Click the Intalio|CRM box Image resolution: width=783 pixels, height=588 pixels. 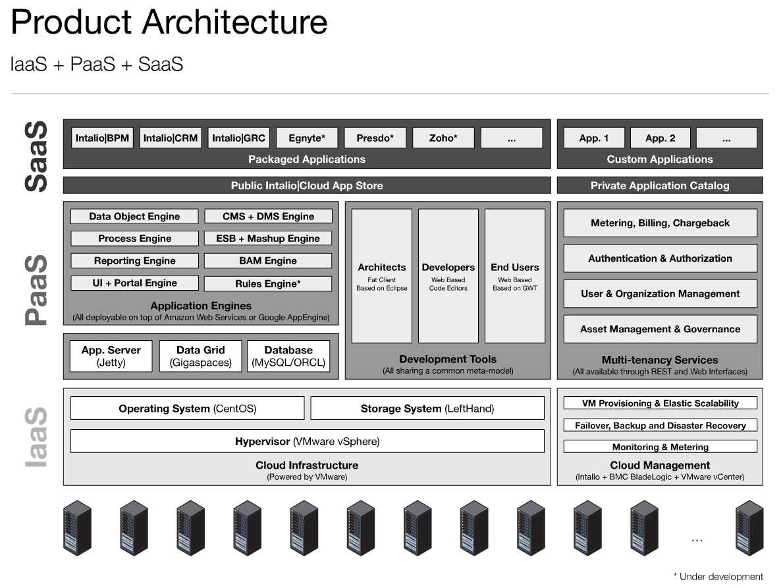pyautogui.click(x=171, y=138)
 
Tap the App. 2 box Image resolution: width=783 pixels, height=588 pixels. pyautogui.click(x=660, y=138)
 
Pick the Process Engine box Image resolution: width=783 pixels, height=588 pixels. pyautogui.click(x=134, y=239)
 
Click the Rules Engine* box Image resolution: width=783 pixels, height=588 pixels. pyautogui.click(x=268, y=284)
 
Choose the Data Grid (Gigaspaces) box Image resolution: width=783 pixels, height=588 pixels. pyautogui.click(x=201, y=356)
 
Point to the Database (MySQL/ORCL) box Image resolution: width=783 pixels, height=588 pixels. pyautogui.click(x=288, y=356)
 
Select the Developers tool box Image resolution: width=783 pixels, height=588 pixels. pyautogui.click(x=448, y=276)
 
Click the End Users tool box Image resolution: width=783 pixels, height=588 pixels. pyautogui.click(x=515, y=276)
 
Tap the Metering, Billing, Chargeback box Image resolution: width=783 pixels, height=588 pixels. pyautogui.click(x=660, y=223)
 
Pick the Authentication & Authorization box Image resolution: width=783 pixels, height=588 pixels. pyautogui.click(x=660, y=258)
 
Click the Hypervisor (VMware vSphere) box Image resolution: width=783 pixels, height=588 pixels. pyautogui.click(x=307, y=441)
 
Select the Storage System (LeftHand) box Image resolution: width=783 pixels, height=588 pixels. pyautogui.click(x=427, y=409)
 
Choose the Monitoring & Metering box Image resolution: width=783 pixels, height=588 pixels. pyautogui.click(x=660, y=447)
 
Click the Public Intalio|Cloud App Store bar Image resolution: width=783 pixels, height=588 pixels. pyautogui.click(x=307, y=185)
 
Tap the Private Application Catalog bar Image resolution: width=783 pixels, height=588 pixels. pyautogui.click(x=660, y=185)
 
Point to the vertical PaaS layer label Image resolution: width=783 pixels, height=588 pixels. pyautogui.click(x=37, y=290)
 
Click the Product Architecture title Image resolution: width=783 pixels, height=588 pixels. pyautogui.click(x=169, y=22)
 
